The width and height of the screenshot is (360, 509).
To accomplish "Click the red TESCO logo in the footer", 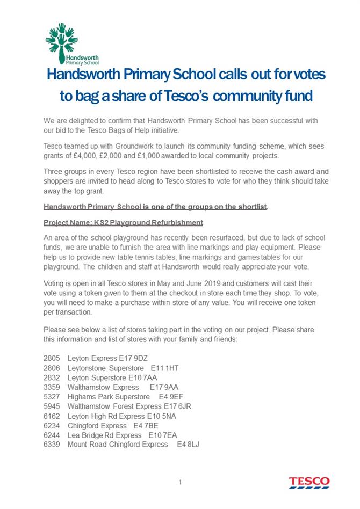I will pyautogui.click(x=309, y=482).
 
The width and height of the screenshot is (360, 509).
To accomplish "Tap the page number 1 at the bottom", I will pyautogui.click(x=181, y=482).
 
